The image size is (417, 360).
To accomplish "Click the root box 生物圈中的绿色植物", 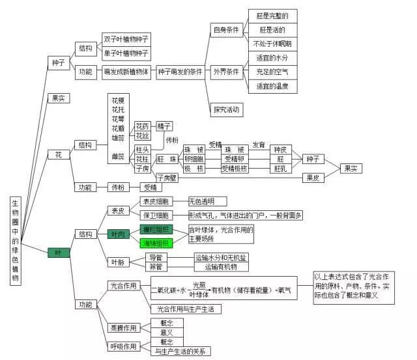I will coord(16,241).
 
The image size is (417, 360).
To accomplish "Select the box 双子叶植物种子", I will coord(126,39).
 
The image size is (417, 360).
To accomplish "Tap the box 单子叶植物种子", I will coord(126,53).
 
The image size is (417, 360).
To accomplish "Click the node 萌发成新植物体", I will coord(126,71).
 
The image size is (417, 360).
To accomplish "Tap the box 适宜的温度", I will coord(272,85).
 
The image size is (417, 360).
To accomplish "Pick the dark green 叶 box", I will coord(59,252).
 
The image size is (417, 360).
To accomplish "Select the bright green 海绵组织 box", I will coord(156,243).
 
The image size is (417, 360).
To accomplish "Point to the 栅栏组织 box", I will coord(156,229).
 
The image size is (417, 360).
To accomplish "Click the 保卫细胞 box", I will coord(155,215).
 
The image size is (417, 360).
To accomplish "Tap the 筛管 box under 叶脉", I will coord(155,266).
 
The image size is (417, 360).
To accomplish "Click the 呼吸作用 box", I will coord(123,346).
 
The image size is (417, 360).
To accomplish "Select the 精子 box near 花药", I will coord(164,126).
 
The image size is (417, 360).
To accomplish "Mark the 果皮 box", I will coord(311,176).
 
